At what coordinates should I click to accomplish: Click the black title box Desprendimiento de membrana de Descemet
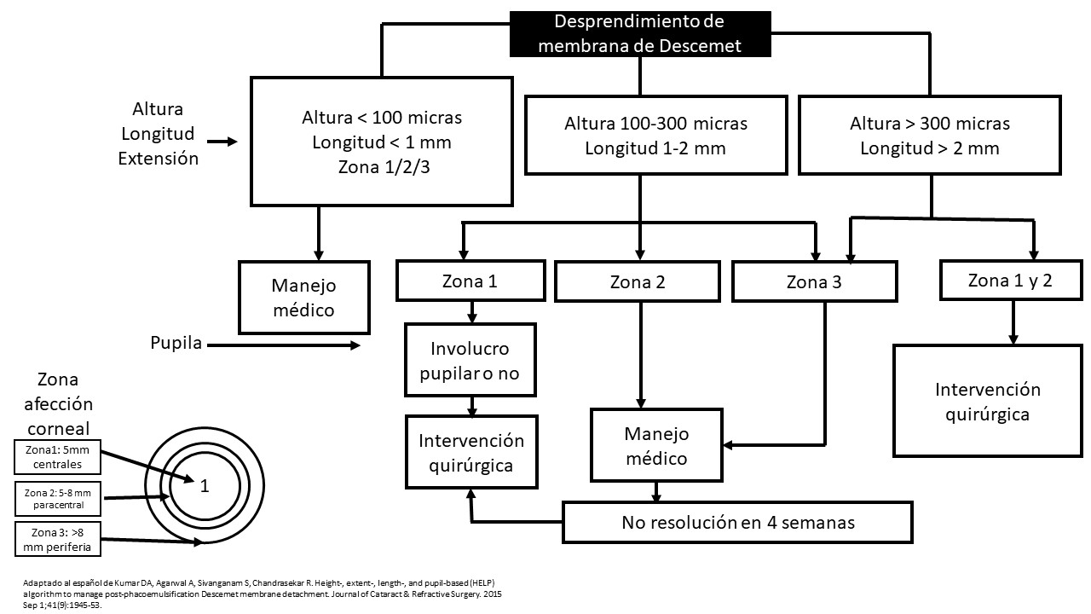[x=640, y=34]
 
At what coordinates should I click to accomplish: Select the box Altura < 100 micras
[x=382, y=142]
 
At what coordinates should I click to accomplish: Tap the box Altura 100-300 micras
[x=656, y=136]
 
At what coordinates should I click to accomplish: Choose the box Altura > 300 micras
[x=930, y=136]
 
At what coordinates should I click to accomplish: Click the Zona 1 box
[x=470, y=281]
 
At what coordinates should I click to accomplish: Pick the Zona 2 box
[x=638, y=281]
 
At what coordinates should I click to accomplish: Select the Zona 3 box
[x=814, y=281]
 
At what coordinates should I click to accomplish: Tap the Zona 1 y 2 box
[x=1011, y=281]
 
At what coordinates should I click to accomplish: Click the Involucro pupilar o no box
[x=470, y=360]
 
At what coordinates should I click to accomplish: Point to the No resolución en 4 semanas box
[x=737, y=523]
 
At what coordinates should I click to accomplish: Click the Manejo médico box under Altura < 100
[x=304, y=298]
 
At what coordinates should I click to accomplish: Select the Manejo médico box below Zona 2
[x=656, y=445]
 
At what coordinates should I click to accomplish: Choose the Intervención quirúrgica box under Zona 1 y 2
[x=988, y=401]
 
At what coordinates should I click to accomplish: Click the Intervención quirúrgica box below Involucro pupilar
[x=471, y=452]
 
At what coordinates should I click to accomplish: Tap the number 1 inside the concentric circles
[x=205, y=486]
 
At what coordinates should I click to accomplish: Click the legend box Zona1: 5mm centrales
[x=57, y=457]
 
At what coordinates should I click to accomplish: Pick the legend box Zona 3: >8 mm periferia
[x=57, y=540]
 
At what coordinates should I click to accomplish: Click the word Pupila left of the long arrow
[x=176, y=343]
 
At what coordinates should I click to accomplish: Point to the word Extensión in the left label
[x=159, y=159]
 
